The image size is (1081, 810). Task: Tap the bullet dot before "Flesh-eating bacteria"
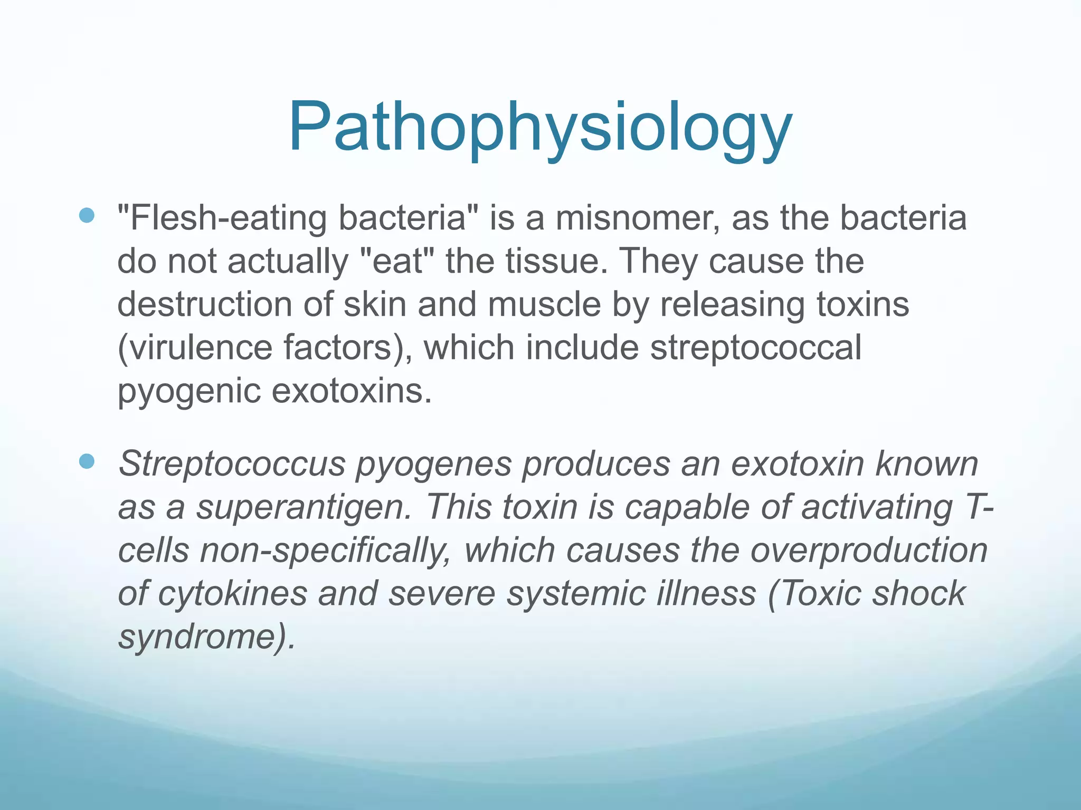click(87, 215)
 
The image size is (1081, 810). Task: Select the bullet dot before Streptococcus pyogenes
click(87, 461)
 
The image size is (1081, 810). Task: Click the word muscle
click(544, 304)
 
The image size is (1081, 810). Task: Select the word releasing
click(732, 305)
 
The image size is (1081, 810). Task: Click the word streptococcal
click(755, 349)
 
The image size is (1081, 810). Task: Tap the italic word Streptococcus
click(232, 464)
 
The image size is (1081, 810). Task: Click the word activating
click(877, 507)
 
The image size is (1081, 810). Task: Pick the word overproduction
click(869, 551)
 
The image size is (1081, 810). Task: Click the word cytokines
click(232, 594)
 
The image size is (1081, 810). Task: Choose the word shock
click(919, 594)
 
